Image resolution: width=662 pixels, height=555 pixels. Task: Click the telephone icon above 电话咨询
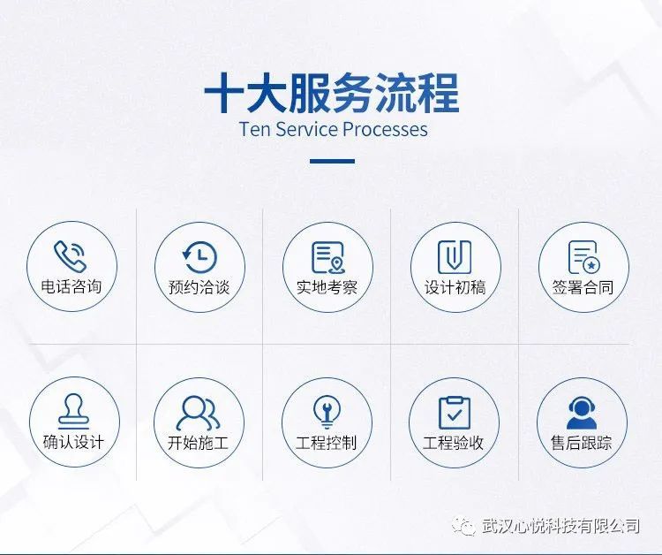click(x=71, y=256)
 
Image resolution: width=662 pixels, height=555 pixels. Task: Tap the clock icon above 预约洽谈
click(x=199, y=257)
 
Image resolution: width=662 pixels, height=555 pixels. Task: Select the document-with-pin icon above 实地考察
click(x=328, y=257)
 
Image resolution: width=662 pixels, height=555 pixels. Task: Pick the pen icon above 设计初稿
click(x=455, y=257)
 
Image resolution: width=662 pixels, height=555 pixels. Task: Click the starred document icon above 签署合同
click(x=584, y=257)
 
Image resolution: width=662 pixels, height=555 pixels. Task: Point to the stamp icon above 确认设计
click(x=74, y=411)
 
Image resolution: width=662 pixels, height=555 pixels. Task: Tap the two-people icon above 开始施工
click(x=198, y=413)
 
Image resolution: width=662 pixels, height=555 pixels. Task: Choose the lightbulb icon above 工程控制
click(x=327, y=412)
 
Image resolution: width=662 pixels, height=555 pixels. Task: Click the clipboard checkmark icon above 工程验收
click(x=455, y=413)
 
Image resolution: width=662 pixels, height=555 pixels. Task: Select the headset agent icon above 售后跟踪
click(x=582, y=413)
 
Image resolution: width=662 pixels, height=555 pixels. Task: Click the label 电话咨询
click(x=71, y=286)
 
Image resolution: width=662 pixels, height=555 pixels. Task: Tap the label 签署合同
click(x=583, y=287)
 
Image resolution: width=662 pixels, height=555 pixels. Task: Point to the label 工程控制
click(x=327, y=443)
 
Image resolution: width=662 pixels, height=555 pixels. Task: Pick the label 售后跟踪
click(x=582, y=443)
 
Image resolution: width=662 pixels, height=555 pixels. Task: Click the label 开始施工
click(x=198, y=443)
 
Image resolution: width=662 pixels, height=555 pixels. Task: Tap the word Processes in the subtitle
click(x=385, y=129)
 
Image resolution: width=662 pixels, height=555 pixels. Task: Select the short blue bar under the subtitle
click(x=332, y=161)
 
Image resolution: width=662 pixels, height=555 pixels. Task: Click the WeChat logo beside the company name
click(x=463, y=526)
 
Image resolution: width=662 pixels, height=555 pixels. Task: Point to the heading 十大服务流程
click(x=332, y=93)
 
